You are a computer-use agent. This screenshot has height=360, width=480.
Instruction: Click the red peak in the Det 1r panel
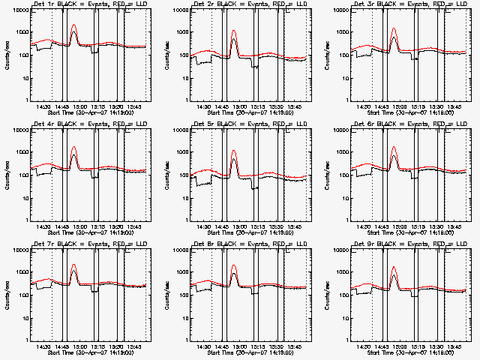coord(73,25)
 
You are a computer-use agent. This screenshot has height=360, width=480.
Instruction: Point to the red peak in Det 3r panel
coord(394,29)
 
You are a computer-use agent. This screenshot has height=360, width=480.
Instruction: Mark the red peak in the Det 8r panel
coord(234,265)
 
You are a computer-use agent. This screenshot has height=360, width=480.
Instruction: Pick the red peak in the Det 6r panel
coord(394,147)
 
